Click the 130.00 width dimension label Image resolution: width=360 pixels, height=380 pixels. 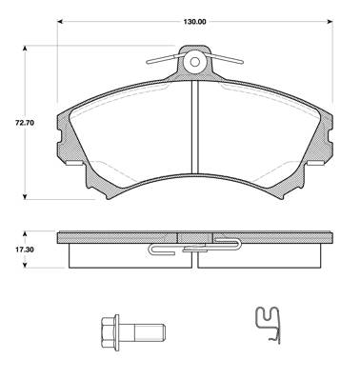194,22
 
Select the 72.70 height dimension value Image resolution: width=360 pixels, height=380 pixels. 25,123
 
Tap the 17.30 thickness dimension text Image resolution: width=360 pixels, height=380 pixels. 25,250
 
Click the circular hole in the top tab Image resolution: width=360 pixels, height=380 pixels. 195,62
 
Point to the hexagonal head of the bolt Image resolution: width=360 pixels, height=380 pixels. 108,332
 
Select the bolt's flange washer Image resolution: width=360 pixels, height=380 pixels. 117,332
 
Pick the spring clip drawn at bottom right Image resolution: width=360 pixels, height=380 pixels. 269,325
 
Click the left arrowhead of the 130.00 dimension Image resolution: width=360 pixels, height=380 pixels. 60,22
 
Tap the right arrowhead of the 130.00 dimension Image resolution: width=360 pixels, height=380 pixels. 330,22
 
